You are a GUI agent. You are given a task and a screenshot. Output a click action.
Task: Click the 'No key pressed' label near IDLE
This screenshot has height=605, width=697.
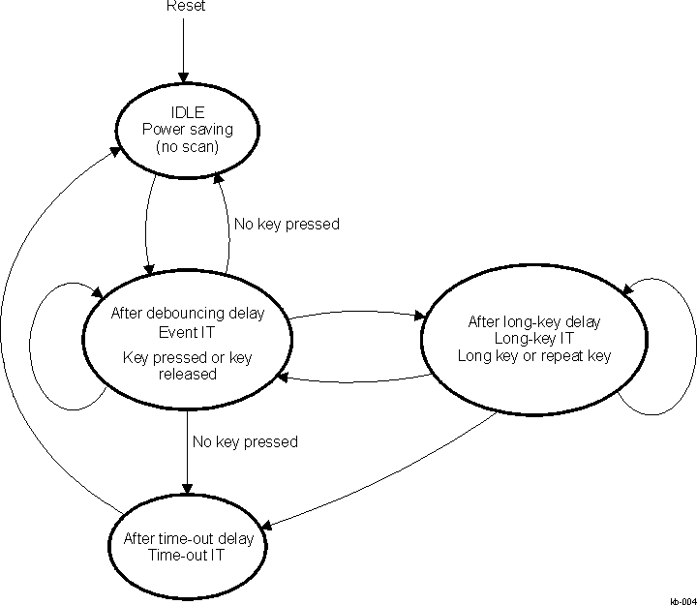(287, 225)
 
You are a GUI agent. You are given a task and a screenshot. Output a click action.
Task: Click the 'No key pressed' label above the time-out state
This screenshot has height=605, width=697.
(244, 441)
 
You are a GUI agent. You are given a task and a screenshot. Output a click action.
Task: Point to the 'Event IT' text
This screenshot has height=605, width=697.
(187, 331)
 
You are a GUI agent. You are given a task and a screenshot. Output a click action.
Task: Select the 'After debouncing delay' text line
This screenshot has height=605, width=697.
(187, 314)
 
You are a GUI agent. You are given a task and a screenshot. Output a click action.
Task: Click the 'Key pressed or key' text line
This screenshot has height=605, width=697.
(187, 357)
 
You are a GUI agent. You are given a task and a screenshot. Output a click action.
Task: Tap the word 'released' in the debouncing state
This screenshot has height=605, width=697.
(187, 374)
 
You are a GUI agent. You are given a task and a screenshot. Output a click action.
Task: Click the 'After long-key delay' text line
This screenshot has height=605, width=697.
(534, 321)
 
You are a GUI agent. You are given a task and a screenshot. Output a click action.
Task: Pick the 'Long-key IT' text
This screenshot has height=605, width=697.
(534, 338)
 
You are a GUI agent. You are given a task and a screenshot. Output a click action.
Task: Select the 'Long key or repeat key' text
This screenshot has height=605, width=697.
(534, 355)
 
